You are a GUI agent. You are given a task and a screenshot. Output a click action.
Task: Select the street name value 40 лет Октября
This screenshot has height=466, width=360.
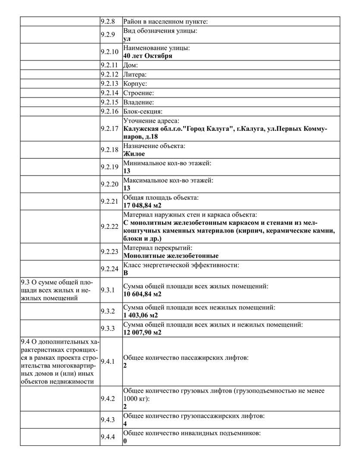point(147,56)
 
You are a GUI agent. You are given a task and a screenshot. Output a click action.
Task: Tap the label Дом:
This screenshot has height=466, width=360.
point(130,65)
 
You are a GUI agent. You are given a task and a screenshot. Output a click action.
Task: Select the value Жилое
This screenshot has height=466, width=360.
point(134,154)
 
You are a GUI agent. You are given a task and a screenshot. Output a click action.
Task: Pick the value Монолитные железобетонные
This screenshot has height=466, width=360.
point(171,256)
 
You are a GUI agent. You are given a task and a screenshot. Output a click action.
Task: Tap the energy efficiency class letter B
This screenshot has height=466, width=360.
point(125,273)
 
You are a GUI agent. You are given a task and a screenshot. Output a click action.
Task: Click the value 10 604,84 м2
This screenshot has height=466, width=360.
point(142,294)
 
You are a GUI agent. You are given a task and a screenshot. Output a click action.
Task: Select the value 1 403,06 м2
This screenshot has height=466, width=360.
point(141,315)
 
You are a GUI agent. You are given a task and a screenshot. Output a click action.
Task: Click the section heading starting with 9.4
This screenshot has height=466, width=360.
point(57,362)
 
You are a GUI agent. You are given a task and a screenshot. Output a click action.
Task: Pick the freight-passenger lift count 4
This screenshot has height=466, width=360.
point(125,424)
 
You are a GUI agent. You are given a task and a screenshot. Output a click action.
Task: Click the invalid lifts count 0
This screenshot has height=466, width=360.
point(125,441)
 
